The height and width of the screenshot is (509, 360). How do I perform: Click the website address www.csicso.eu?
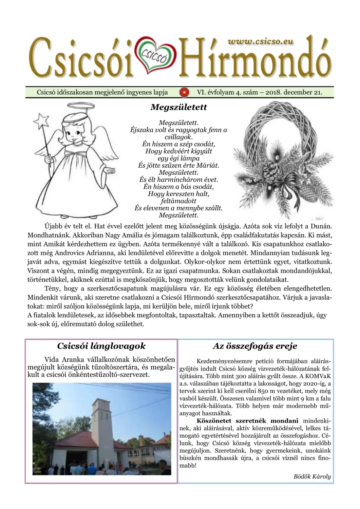(260, 41)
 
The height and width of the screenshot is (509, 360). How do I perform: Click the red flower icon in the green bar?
(185, 92)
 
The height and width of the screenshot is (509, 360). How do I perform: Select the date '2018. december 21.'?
(293, 92)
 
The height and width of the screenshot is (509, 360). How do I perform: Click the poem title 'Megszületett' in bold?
(178, 108)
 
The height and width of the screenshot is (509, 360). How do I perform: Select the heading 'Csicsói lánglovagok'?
(101, 346)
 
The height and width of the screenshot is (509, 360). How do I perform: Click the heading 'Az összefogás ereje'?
(255, 346)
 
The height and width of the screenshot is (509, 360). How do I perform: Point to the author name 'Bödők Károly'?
(312, 476)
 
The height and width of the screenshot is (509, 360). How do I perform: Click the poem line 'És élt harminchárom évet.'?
(178, 180)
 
